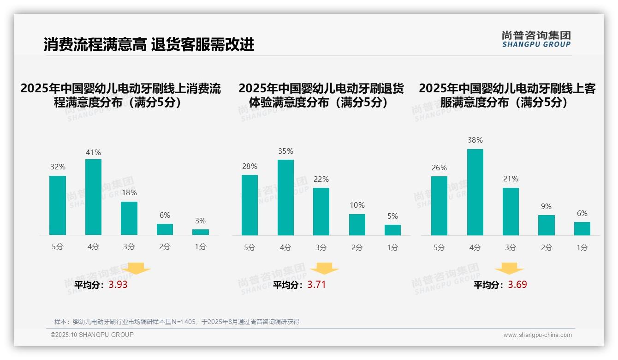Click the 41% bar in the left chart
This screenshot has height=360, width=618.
(93, 197)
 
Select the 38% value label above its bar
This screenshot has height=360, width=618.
(475, 140)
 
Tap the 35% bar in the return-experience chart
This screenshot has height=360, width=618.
(285, 198)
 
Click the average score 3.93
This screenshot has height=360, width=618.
(118, 285)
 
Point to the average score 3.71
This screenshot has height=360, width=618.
(316, 285)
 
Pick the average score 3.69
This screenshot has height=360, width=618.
(517, 285)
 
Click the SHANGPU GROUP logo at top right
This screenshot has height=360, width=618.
(536, 39)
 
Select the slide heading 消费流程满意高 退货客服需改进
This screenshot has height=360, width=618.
(149, 44)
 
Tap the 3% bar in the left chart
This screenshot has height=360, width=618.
(201, 232)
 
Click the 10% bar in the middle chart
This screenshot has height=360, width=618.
(357, 225)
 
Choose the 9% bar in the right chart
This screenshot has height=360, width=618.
(547, 225)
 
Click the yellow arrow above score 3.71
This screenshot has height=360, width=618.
(324, 268)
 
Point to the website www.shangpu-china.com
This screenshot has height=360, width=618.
(537, 335)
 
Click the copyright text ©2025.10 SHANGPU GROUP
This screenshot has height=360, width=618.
(92, 335)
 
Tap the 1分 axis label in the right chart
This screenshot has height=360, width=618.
(582, 247)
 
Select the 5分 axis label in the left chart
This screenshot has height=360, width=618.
(58, 246)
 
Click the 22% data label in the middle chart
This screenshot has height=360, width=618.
(321, 179)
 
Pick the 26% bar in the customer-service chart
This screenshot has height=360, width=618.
(439, 206)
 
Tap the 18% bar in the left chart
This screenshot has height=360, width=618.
(129, 218)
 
